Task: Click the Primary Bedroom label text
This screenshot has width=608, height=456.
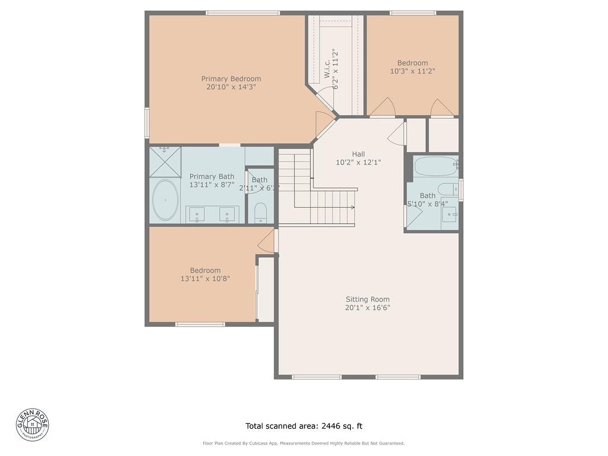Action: tap(231, 78)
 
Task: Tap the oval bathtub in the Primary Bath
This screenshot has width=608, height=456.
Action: tap(165, 200)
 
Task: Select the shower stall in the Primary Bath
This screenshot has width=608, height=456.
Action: tap(164, 162)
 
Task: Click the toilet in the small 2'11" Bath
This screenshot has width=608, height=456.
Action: tap(261, 213)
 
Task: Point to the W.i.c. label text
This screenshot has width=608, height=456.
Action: tap(327, 69)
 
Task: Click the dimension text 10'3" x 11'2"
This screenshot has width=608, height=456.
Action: tap(413, 71)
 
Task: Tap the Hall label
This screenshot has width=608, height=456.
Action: tap(359, 154)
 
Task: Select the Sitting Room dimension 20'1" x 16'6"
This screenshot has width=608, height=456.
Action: tap(368, 308)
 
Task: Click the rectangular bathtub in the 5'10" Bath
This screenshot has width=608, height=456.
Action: tap(436, 166)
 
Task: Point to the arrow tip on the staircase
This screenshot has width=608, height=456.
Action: tap(353, 207)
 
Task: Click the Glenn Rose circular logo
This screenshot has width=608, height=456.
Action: tap(33, 425)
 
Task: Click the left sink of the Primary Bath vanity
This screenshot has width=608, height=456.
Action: tap(197, 214)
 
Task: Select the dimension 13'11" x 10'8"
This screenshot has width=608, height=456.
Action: tap(205, 278)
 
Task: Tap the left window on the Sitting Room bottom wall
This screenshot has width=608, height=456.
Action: tap(316, 377)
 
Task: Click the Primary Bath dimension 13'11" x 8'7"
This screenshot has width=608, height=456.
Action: tap(211, 185)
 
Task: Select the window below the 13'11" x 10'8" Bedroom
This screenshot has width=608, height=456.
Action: tap(200, 324)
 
